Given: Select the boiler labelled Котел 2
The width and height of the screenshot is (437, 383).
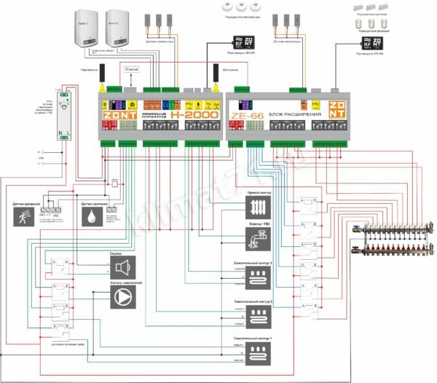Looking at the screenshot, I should pos(115,29).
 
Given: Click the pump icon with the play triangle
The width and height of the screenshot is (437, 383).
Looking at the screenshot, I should pos(123,297).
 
